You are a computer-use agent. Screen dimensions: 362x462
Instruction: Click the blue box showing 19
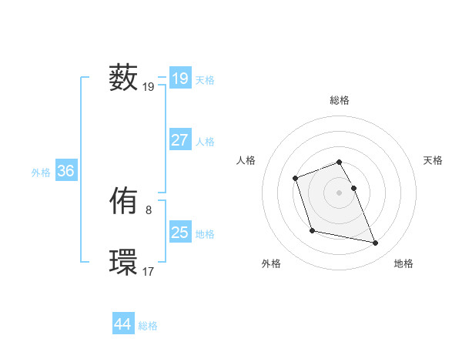tap(180, 78)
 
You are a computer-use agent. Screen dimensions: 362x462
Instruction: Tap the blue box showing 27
tap(180, 140)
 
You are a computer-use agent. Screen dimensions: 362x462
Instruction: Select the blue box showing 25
tap(180, 233)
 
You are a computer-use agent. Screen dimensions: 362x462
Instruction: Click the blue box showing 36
tap(65, 171)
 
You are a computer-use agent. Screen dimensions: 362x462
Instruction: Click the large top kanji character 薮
tap(123, 78)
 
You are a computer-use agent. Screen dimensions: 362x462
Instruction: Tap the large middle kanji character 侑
tap(123, 203)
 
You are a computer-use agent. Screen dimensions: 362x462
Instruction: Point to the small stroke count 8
tap(149, 209)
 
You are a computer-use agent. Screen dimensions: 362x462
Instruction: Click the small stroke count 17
tap(149, 271)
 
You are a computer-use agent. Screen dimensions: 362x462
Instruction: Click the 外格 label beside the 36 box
tap(41, 173)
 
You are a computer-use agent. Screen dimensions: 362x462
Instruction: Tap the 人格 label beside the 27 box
tap(205, 142)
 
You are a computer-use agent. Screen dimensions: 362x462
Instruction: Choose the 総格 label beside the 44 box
tap(148, 326)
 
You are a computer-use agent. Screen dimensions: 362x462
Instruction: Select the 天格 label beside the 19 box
tap(205, 79)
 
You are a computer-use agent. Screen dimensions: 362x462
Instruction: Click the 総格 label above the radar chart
tap(340, 100)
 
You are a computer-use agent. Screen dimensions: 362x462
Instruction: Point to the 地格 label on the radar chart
tap(403, 263)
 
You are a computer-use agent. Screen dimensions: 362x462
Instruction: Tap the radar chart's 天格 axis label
tap(433, 160)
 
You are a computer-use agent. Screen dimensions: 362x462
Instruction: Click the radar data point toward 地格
tap(376, 243)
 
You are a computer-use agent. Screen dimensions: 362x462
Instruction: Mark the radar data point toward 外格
tap(312, 230)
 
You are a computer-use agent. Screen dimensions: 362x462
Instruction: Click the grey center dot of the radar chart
tap(340, 193)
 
